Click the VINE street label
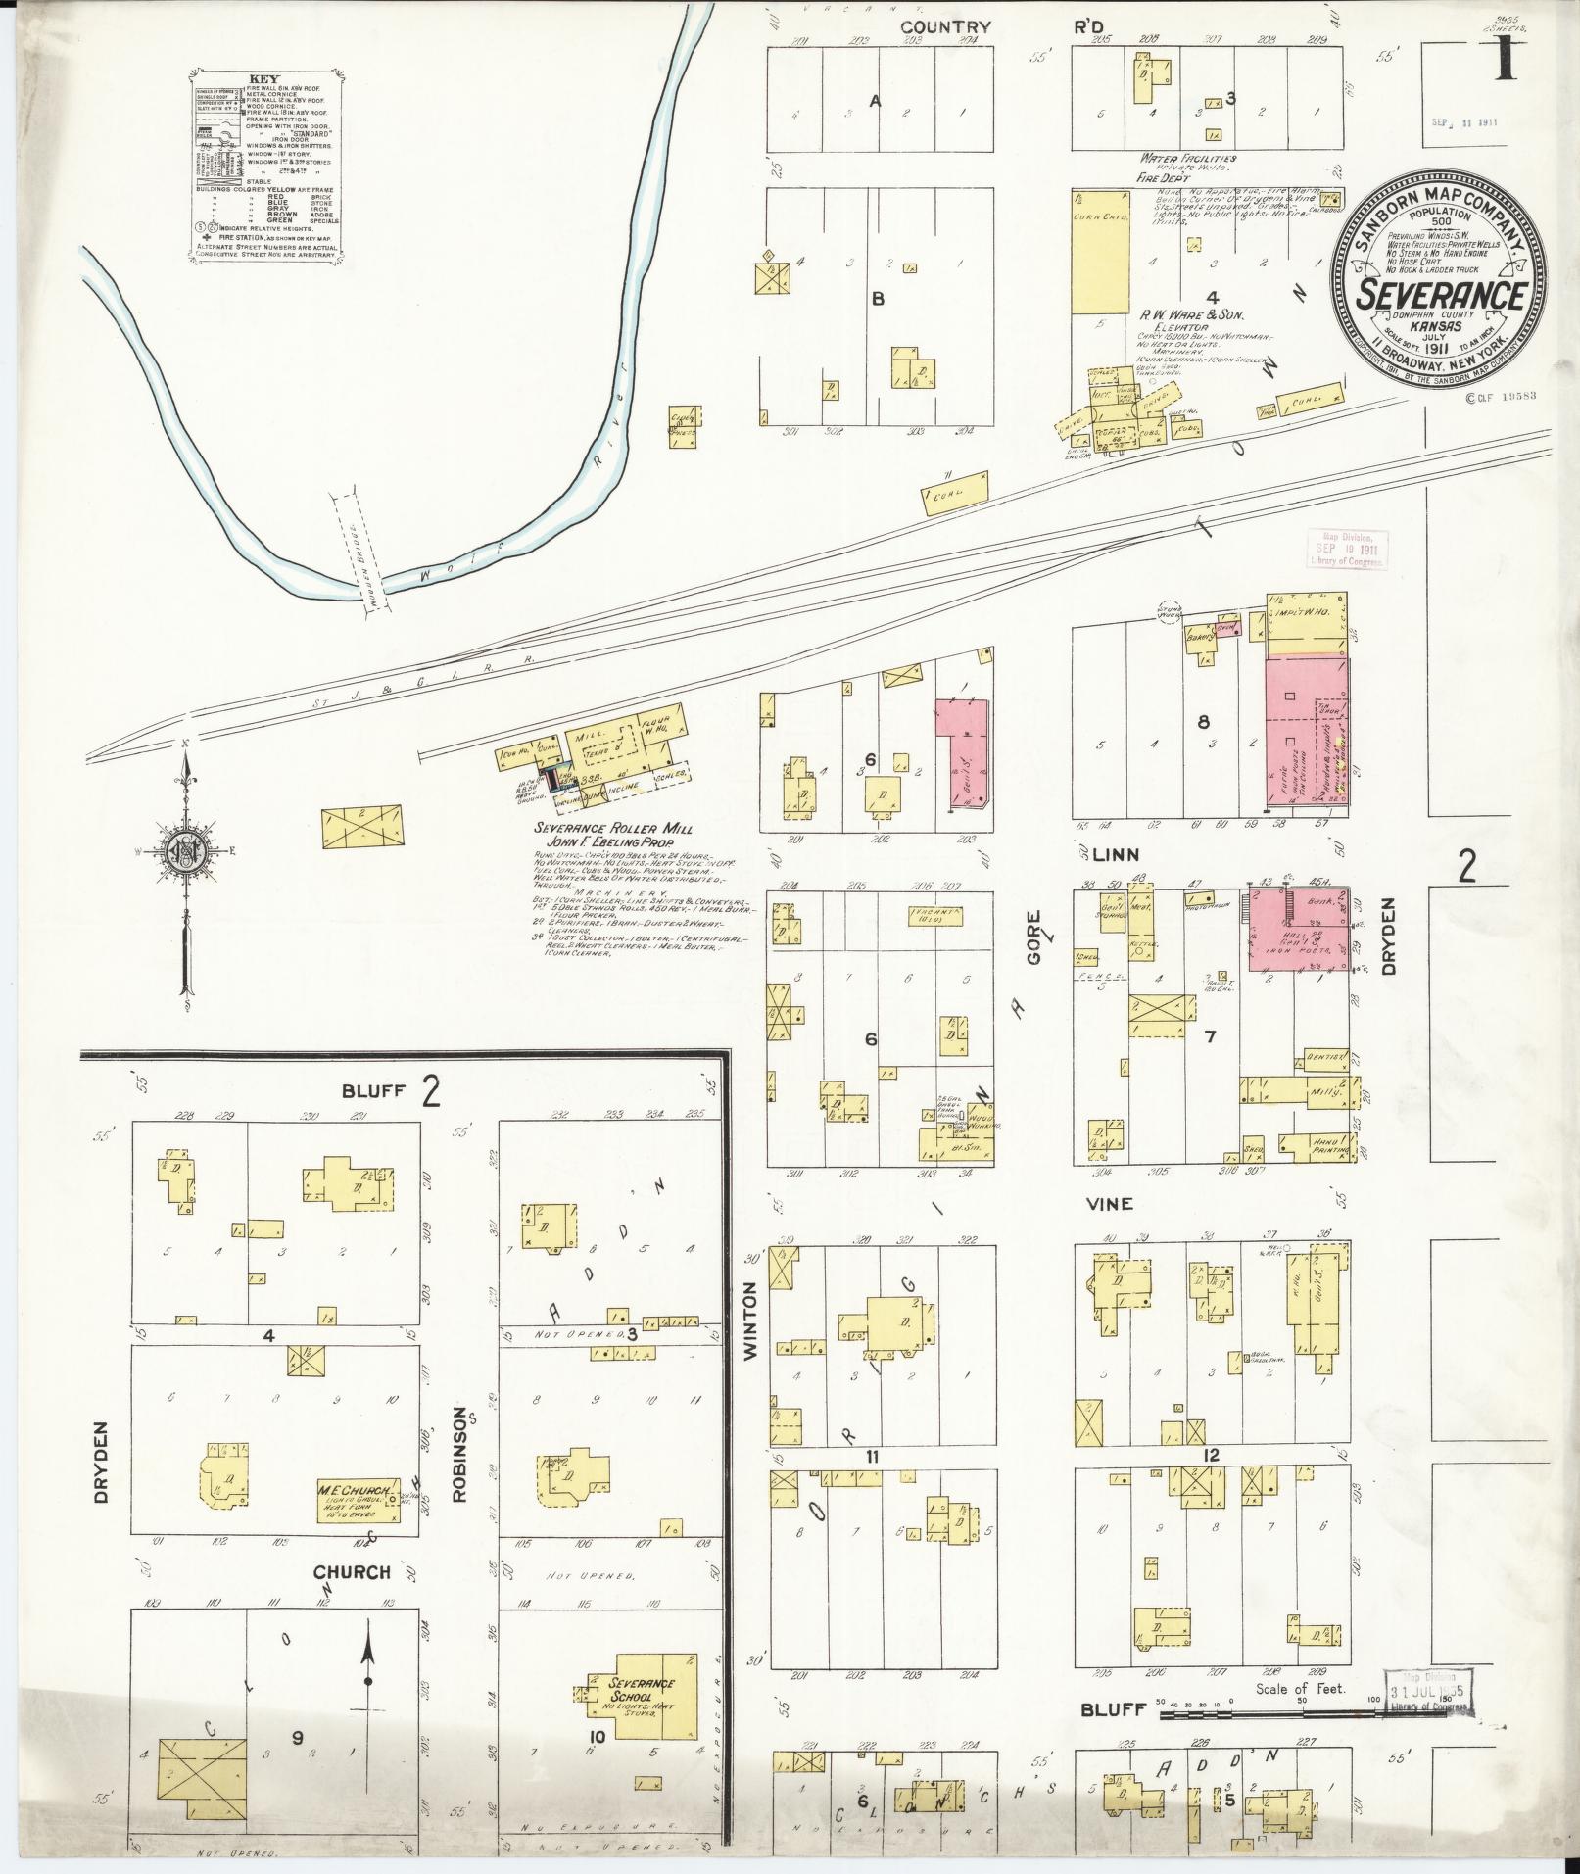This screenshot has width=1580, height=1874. (1111, 1204)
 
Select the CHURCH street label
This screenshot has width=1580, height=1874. (352, 1572)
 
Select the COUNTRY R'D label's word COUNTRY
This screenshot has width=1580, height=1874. (946, 27)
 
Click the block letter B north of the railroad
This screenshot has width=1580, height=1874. (877, 299)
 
